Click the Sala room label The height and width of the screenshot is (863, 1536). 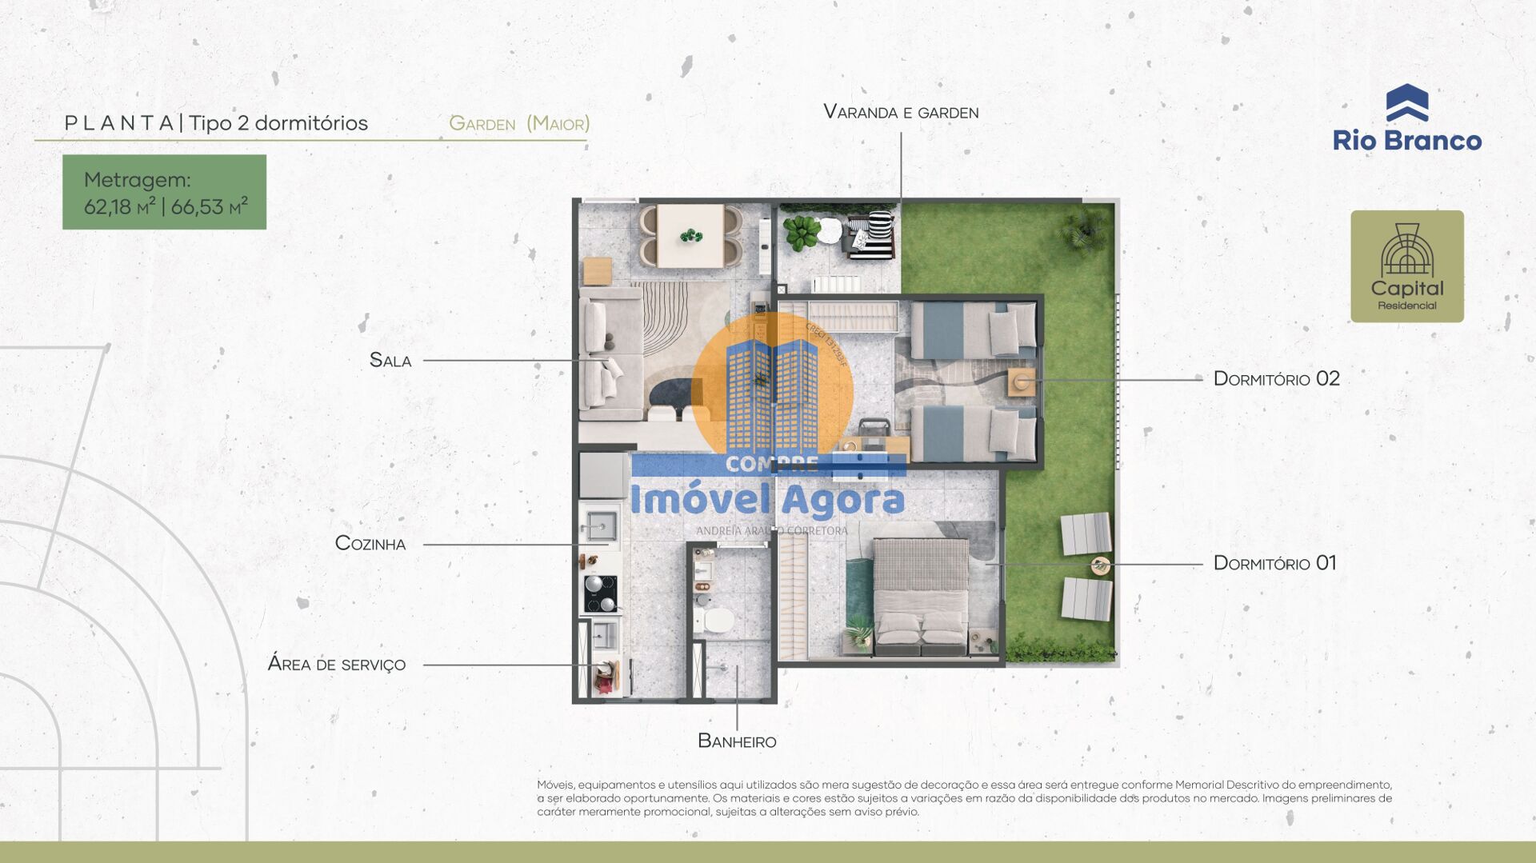(390, 361)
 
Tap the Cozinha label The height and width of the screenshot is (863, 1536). (370, 544)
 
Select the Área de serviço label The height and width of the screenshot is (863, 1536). (337, 665)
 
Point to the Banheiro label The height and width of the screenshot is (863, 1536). (737, 741)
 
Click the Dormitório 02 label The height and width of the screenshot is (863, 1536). (1276, 379)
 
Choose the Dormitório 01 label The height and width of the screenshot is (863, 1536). (1274, 563)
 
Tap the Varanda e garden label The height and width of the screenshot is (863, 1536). (901, 113)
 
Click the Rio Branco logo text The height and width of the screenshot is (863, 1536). (1406, 141)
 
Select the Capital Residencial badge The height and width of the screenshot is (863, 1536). (1406, 266)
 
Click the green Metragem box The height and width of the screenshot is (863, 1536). (165, 193)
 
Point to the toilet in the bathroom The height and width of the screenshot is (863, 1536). (716, 619)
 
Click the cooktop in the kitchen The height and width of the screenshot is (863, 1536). (600, 593)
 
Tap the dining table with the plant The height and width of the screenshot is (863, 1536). (690, 236)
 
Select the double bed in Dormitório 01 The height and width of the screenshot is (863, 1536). (920, 592)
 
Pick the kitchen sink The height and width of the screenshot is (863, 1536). (598, 526)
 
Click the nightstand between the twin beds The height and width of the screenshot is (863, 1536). (1022, 382)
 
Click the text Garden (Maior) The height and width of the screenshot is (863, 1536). (519, 124)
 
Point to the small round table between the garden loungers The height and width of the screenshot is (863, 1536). (1101, 565)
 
